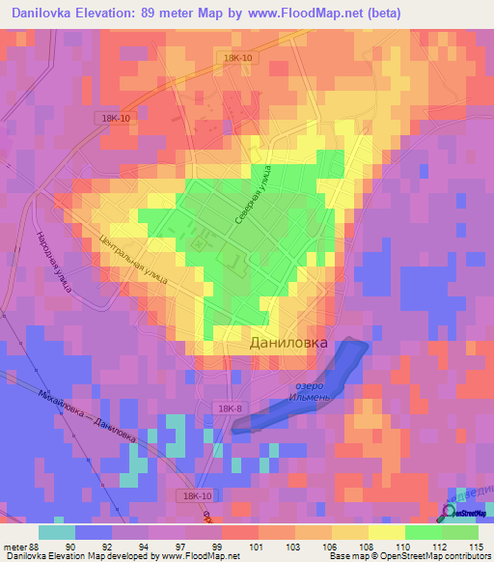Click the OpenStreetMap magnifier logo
click(450, 512)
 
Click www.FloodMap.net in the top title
click(293, 13)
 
